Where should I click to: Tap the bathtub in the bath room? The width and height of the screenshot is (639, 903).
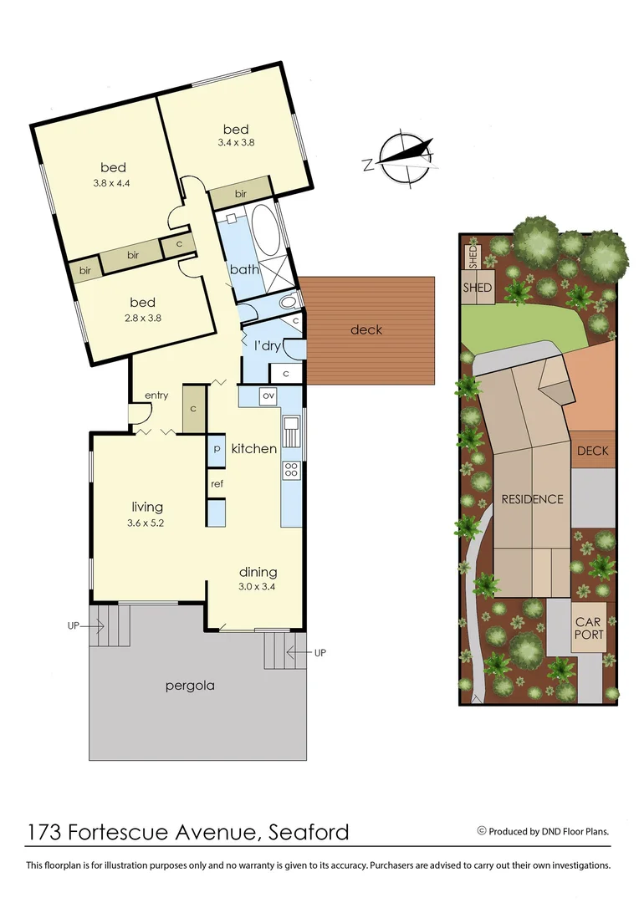coord(265,229)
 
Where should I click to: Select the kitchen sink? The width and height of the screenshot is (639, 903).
coord(292,432)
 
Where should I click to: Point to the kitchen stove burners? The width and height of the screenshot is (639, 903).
coord(292,470)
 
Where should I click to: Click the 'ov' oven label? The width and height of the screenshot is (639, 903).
coord(268,395)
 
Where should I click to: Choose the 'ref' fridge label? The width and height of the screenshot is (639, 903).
coord(217,483)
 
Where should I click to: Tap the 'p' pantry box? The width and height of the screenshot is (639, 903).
coord(217,448)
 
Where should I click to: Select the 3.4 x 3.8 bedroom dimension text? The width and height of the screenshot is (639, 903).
coord(236,143)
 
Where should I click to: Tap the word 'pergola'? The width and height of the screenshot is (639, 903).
coord(191,686)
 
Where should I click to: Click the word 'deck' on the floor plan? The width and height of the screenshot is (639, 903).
coord(366,329)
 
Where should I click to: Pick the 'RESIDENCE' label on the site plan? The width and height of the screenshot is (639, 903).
coord(532,499)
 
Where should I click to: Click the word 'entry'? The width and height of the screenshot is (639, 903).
coord(156,395)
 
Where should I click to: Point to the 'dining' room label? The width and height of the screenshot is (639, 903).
coord(258,573)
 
